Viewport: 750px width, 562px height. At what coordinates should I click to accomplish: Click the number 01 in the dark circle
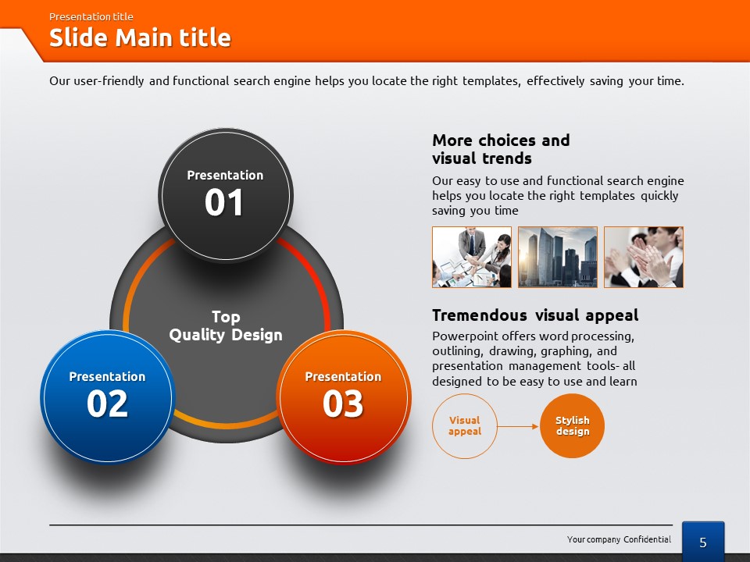(x=224, y=202)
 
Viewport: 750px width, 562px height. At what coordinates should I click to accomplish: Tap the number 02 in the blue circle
(x=107, y=404)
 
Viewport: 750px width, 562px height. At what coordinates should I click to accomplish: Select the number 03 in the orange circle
(x=343, y=404)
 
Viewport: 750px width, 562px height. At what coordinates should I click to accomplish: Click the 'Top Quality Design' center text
(x=226, y=326)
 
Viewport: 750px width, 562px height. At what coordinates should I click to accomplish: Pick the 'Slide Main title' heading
(x=140, y=37)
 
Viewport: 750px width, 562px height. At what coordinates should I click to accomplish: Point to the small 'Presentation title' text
(x=91, y=16)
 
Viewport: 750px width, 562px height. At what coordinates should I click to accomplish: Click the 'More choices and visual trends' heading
(x=501, y=149)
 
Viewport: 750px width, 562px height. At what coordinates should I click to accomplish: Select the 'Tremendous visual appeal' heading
(x=535, y=315)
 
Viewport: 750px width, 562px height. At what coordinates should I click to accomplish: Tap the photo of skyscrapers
(x=558, y=257)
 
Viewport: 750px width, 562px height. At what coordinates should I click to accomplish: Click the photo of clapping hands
(x=644, y=257)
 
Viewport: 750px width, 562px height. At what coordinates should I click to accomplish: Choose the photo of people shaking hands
(x=472, y=257)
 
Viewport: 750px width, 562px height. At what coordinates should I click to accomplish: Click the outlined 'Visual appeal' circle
(x=464, y=426)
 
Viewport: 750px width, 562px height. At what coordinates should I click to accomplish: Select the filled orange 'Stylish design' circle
(x=572, y=426)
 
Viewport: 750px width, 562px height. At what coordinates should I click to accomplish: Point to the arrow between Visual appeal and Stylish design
(x=518, y=426)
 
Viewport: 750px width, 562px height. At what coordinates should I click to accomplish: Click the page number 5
(x=702, y=542)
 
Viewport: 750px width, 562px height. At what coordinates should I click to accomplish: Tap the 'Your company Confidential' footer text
(x=619, y=539)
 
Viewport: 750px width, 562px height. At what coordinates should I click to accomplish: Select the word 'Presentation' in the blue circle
(x=107, y=376)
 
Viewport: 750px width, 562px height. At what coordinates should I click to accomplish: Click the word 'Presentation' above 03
(x=344, y=376)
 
